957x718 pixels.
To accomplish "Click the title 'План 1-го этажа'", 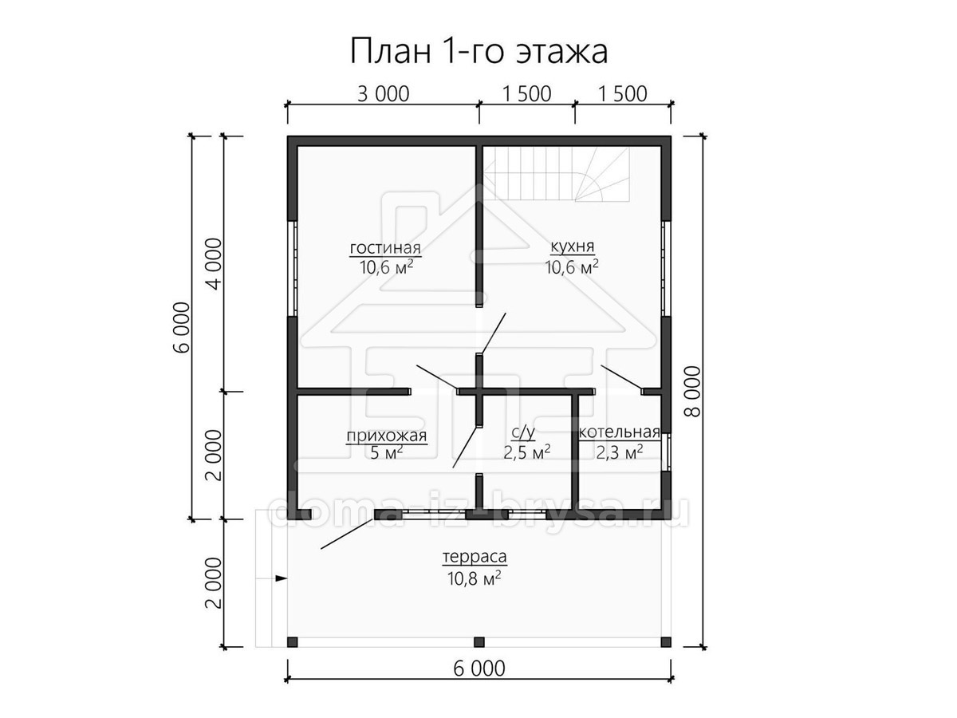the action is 478,51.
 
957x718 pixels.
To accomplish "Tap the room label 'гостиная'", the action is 385,248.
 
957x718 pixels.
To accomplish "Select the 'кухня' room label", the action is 572,247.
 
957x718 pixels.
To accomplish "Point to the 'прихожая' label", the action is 387,436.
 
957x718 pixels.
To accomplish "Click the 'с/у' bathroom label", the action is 522,432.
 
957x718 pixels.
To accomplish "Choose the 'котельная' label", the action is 619,432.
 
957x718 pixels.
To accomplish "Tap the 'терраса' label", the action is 475,557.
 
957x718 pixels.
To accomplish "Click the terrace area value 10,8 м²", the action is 474,578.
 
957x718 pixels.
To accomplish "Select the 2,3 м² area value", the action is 619,453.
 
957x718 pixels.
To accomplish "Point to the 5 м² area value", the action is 386,453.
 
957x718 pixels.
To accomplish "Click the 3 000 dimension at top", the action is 384,94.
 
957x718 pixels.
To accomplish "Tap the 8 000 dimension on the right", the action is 693,391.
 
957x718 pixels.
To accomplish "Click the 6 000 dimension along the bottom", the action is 479,681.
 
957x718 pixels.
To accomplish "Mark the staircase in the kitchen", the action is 557,175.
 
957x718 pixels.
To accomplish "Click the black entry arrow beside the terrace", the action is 282,578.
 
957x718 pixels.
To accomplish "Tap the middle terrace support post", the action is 479,641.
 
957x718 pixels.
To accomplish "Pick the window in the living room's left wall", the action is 293,268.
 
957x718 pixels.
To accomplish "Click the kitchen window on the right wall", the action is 666,268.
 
